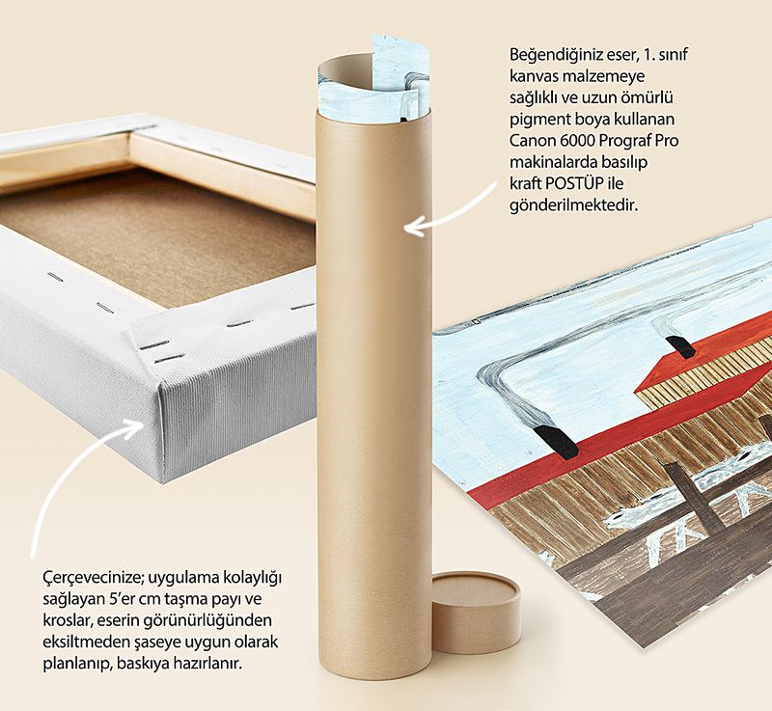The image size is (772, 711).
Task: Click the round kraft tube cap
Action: pyautogui.click(x=476, y=612)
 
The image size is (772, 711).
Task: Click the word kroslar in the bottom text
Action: pyautogui.click(x=66, y=620)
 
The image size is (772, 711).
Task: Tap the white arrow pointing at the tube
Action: pyautogui.click(x=450, y=210)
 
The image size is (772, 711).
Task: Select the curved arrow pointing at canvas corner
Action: pyautogui.click(x=84, y=479)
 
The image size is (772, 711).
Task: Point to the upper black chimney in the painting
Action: pyautogui.click(x=680, y=346)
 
